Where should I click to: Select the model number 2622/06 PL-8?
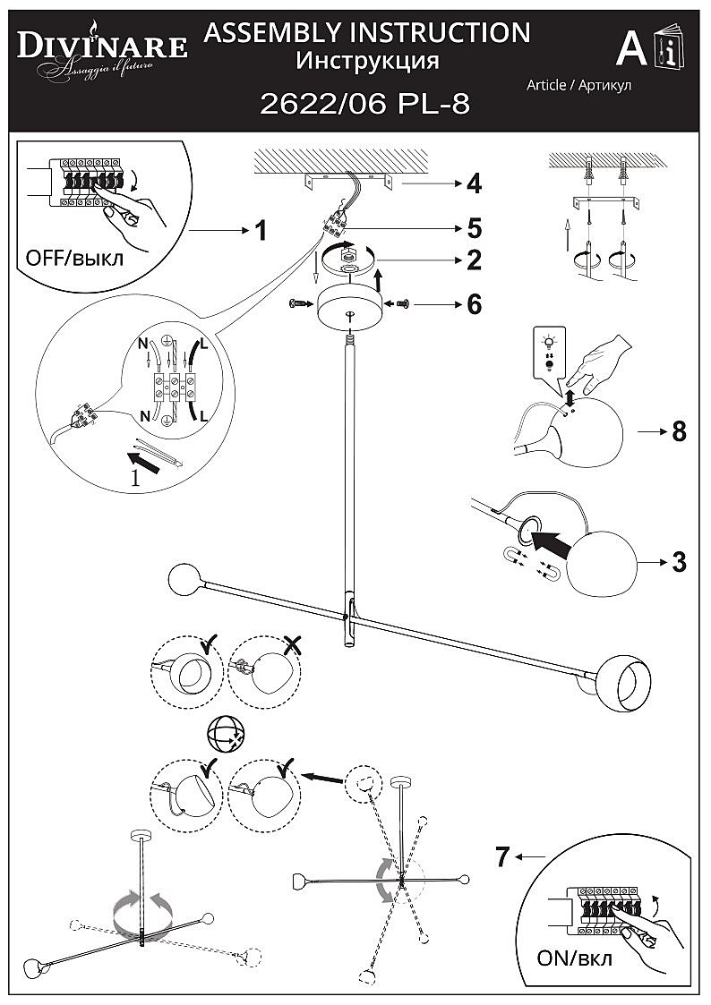pyautogui.click(x=364, y=105)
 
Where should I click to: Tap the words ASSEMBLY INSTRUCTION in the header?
pyautogui.click(x=367, y=33)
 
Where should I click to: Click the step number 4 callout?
pyautogui.click(x=474, y=184)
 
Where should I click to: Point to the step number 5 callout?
pyautogui.click(x=474, y=227)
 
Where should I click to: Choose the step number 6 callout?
pyautogui.click(x=474, y=304)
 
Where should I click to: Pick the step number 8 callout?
pyautogui.click(x=679, y=431)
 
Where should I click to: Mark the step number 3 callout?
pyautogui.click(x=679, y=562)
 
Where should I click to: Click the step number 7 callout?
pyautogui.click(x=503, y=857)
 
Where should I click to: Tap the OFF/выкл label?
pyautogui.click(x=75, y=259)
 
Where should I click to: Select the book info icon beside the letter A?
pyautogui.click(x=668, y=50)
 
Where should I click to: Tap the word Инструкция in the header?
pyautogui.click(x=367, y=61)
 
